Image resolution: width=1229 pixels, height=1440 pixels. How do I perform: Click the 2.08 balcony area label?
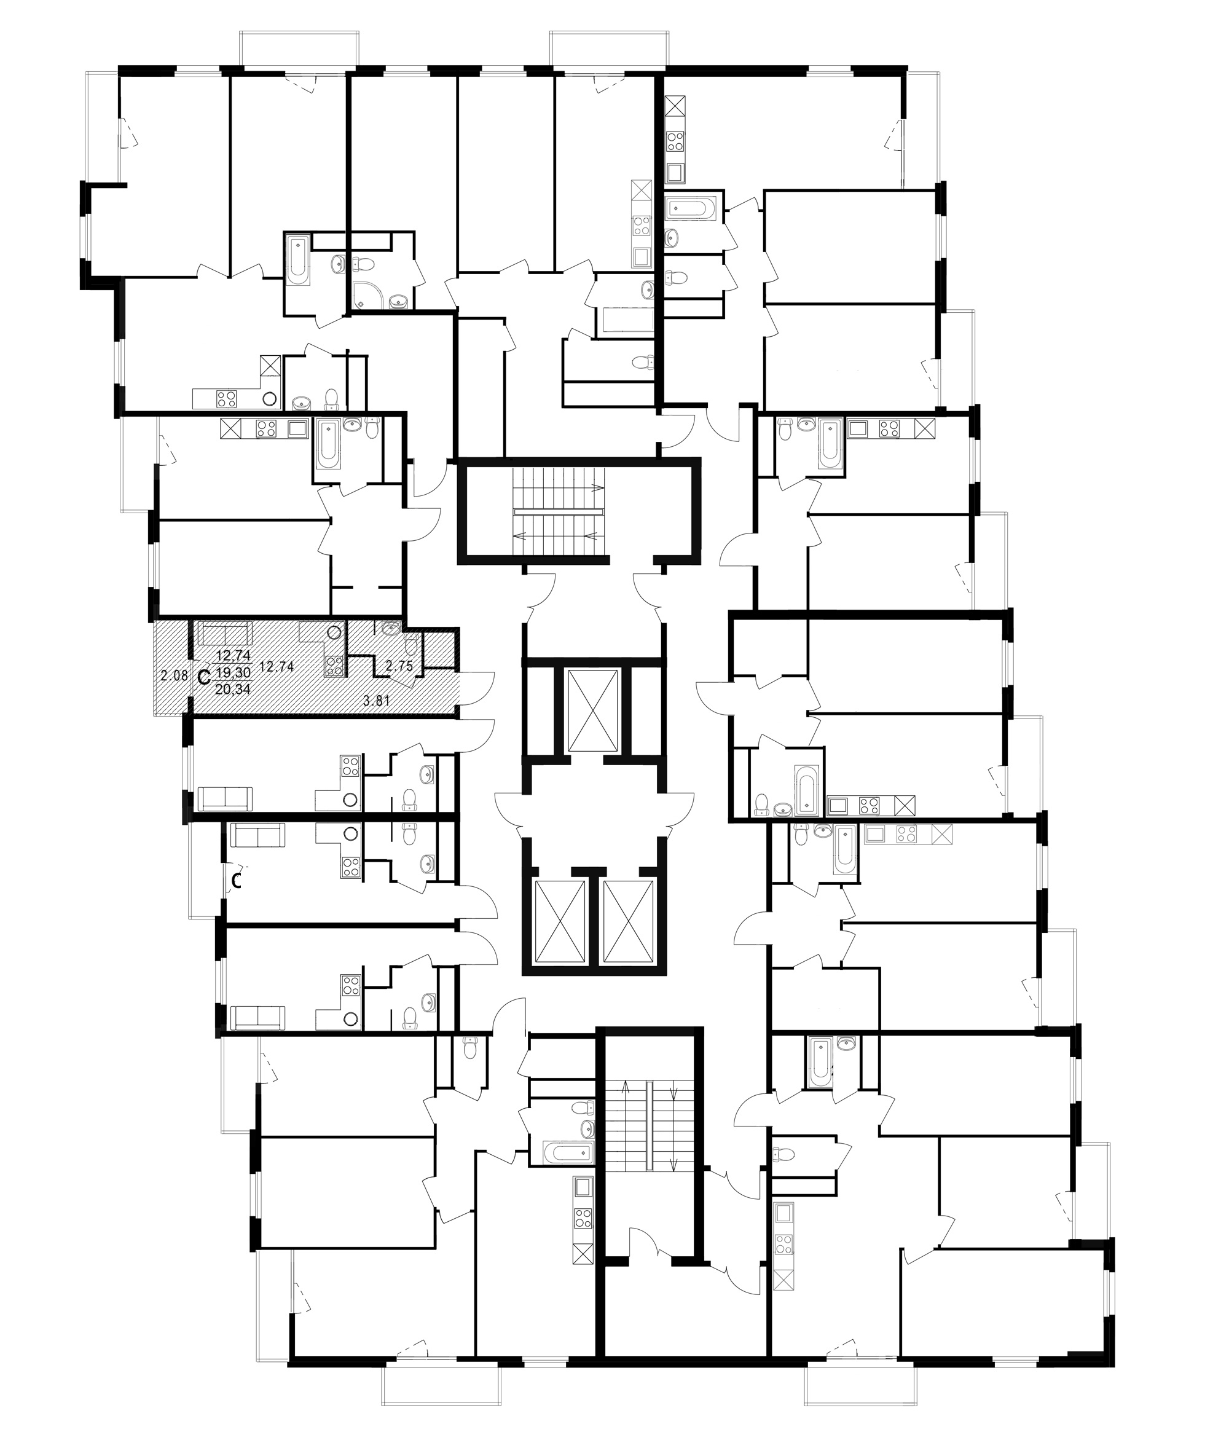click(x=174, y=675)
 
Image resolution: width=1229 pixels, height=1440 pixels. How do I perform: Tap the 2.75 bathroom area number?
click(x=399, y=666)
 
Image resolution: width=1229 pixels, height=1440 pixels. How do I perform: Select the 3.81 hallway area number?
click(x=376, y=701)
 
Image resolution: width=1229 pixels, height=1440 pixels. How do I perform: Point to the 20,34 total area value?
click(x=234, y=689)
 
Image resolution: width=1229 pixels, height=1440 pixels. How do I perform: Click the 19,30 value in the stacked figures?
click(x=234, y=672)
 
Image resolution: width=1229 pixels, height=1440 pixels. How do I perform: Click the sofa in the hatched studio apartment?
click(x=225, y=633)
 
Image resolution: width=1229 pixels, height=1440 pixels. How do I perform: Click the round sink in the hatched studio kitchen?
click(x=334, y=632)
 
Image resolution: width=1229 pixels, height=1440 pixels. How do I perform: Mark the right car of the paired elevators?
click(x=629, y=921)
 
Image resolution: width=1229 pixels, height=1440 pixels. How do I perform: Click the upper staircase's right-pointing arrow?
click(x=597, y=487)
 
